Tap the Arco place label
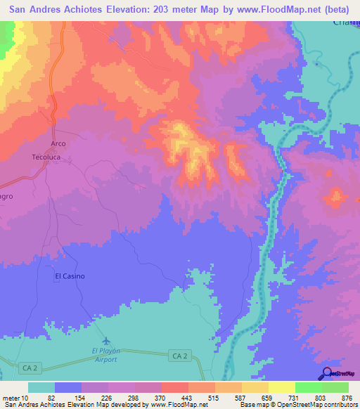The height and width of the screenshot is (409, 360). (x=58, y=143)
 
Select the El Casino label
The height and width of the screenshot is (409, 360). (x=70, y=276)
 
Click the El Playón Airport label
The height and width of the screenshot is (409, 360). (x=104, y=354)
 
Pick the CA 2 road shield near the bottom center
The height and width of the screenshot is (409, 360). (x=179, y=356)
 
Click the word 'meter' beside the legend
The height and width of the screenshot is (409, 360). (x=11, y=398)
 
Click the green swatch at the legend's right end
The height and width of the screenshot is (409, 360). (x=335, y=387)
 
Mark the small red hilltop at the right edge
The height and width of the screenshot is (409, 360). (x=335, y=195)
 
